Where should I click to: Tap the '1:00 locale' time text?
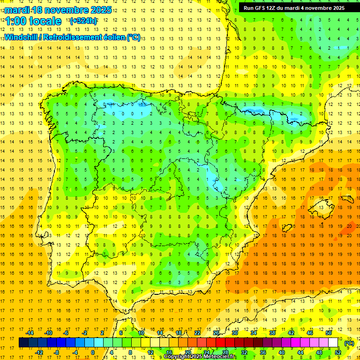pos(33,21)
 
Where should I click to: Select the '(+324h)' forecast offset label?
pos(83,21)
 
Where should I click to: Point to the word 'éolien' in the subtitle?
pos(112,37)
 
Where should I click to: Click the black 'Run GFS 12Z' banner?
pos(294,8)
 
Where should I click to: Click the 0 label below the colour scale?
pos(93,352)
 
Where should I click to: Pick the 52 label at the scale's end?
pos(338,352)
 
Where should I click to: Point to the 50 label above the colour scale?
pos(329,333)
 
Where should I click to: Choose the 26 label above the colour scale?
pos(216,333)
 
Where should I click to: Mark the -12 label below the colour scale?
pos(39,352)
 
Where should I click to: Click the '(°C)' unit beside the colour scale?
pos(349,343)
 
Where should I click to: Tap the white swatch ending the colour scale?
pos(333,343)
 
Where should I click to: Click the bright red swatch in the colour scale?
pos(221,343)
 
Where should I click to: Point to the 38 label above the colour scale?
pos(272,333)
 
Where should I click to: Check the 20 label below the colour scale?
pos(187,352)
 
